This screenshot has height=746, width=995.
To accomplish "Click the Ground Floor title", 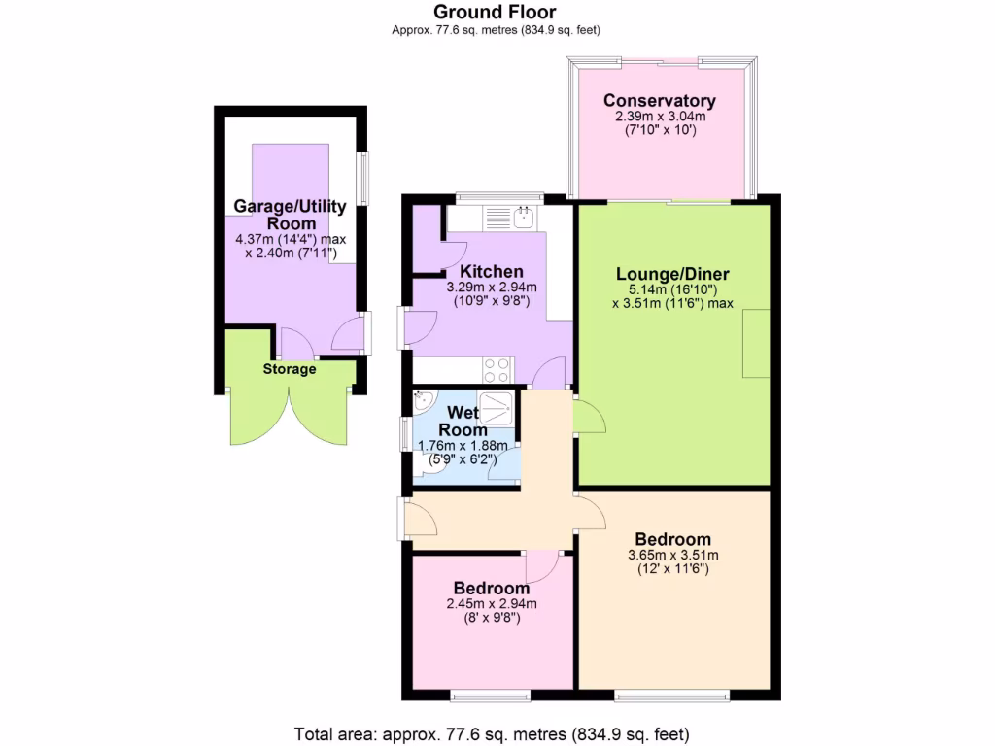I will [495, 12].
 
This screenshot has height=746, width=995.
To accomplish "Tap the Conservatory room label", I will [659, 101].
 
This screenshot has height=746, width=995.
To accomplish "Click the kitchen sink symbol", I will [523, 216].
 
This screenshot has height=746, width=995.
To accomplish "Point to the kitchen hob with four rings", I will [497, 370].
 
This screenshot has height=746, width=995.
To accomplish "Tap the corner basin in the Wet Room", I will [424, 401].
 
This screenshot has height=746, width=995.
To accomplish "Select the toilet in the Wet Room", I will [427, 467].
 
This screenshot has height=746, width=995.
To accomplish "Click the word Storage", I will [290, 369].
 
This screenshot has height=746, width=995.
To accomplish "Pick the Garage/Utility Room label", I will [290, 215].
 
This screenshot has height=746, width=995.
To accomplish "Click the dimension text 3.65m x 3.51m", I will [672, 556].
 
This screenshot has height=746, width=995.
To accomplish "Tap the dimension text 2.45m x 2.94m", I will [492, 604].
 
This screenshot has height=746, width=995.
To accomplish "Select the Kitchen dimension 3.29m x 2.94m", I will [492, 288].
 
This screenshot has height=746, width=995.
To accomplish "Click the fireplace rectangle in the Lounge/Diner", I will [756, 342].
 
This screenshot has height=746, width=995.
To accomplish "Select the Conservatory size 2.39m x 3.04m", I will [659, 117].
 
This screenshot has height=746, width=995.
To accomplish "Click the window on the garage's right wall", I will [363, 177].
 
